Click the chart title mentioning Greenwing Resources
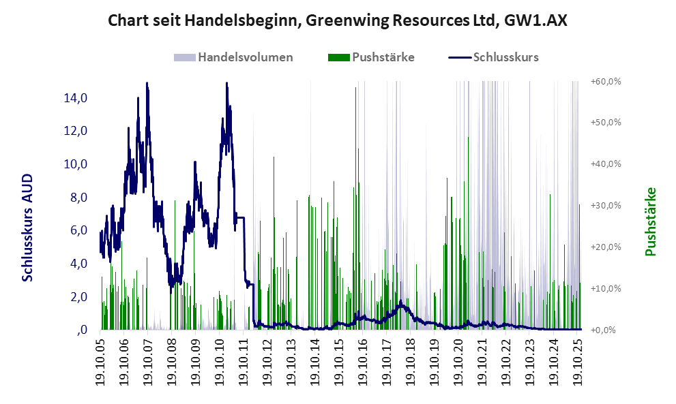coord(338,21)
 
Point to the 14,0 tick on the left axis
coord(75,98)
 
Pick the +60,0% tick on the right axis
coord(605,82)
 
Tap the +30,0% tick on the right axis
coord(605,206)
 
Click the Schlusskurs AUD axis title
coord(28,228)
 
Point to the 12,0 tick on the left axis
coord(75,131)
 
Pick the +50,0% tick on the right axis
coord(605,123)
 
